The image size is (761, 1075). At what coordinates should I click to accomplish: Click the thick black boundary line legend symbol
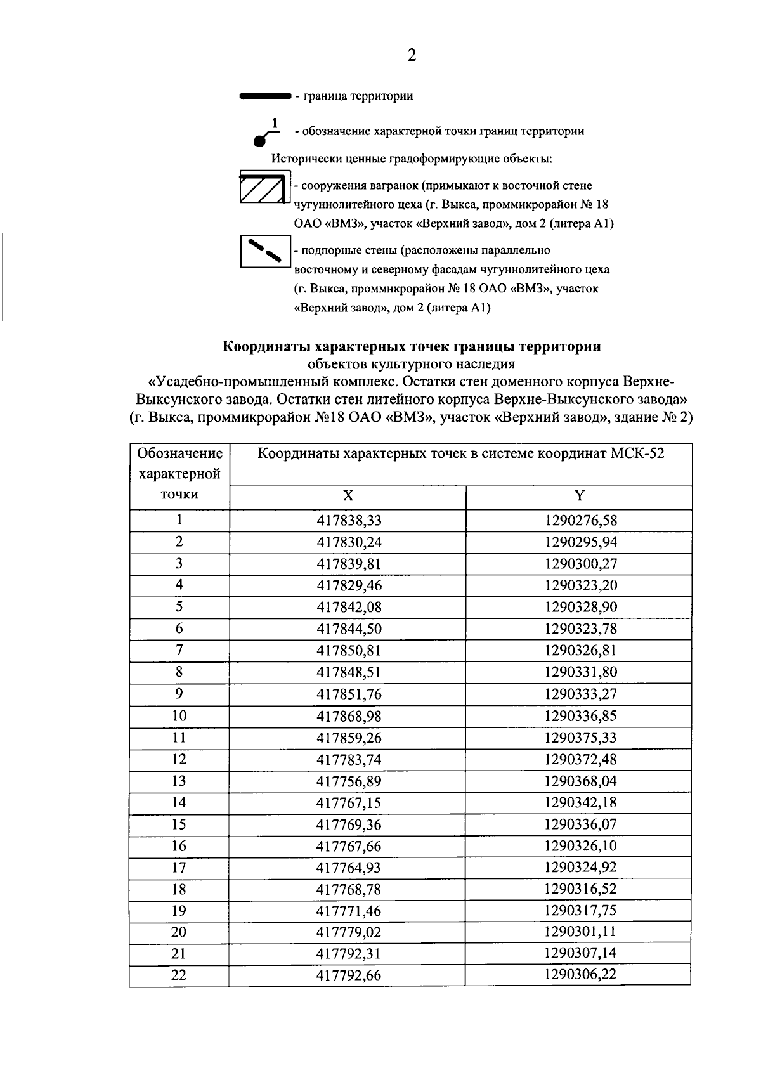tap(264, 96)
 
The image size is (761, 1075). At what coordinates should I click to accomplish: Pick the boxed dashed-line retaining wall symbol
tap(264, 251)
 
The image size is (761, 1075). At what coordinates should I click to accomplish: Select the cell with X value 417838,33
tap(349, 521)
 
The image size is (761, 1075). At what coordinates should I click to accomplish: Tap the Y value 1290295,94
tap(580, 542)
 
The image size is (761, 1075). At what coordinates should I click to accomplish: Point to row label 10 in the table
tap(179, 716)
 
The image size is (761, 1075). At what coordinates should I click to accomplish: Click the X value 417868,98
tap(349, 716)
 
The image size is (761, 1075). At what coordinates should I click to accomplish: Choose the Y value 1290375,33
tap(580, 738)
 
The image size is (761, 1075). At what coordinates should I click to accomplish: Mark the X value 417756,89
tap(349, 781)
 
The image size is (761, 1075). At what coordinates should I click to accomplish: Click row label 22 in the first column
tap(179, 975)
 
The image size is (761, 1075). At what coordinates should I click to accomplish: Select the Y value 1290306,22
tap(580, 975)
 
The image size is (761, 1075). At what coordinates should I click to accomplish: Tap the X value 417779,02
tap(349, 933)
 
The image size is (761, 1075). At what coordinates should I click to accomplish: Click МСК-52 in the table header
tap(638, 454)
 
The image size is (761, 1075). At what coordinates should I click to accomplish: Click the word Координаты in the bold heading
tap(266, 347)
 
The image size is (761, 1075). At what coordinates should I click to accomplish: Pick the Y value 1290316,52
tap(580, 889)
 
